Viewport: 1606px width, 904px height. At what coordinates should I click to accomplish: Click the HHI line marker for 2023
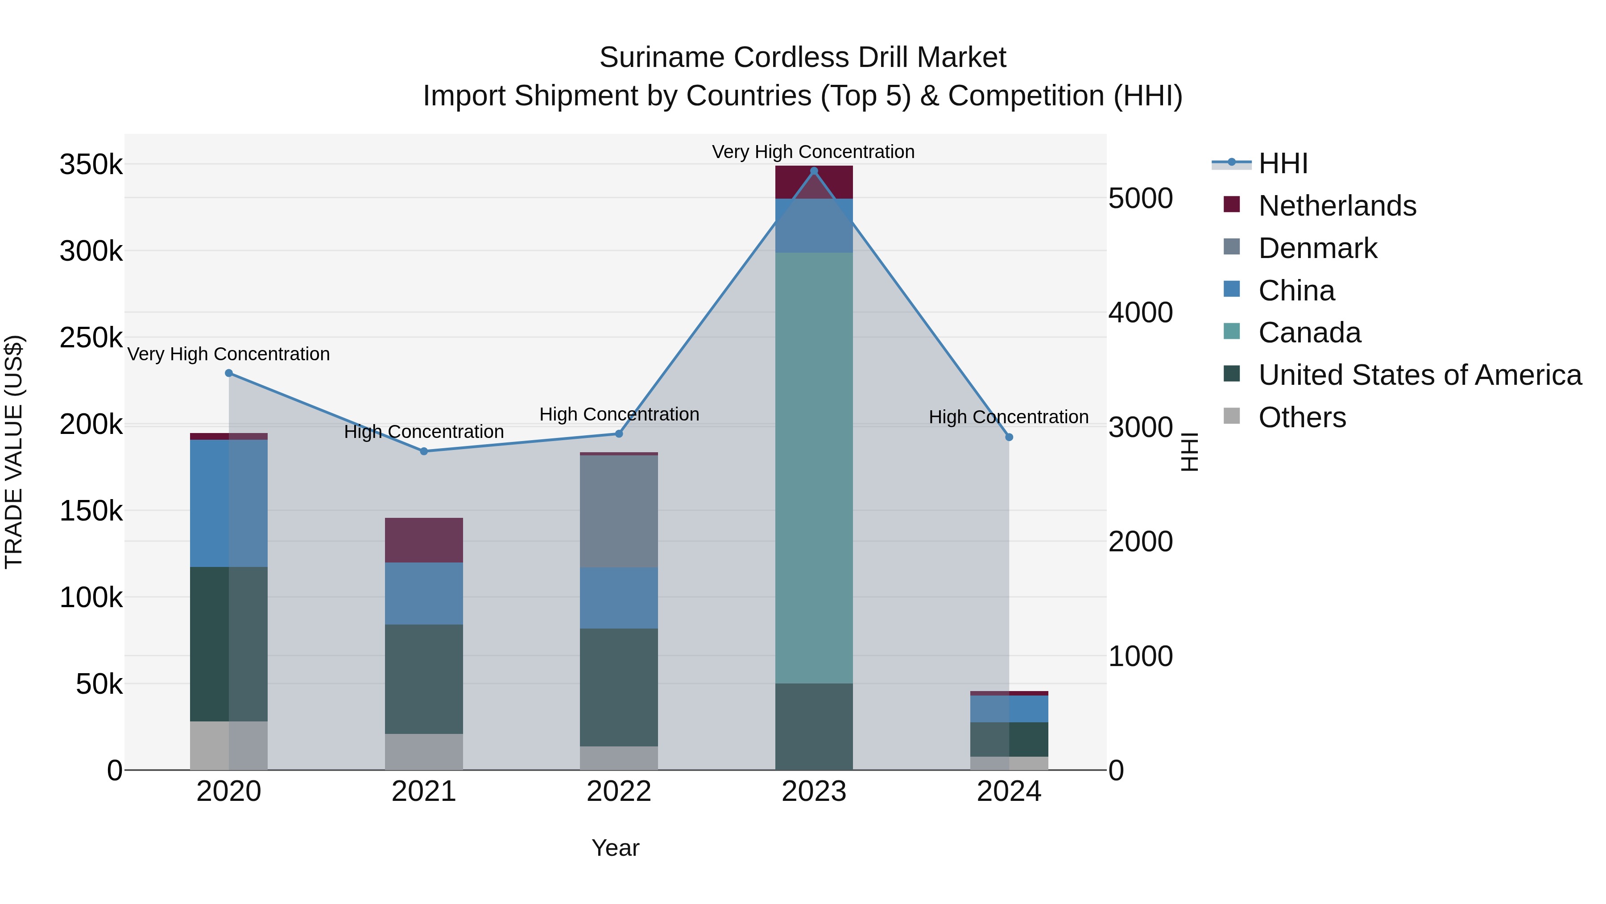click(814, 171)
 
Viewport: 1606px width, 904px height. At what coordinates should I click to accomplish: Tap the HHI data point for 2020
click(229, 373)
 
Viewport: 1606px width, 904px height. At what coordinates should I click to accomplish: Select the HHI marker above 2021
click(424, 451)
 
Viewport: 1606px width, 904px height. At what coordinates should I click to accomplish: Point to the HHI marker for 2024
click(1010, 437)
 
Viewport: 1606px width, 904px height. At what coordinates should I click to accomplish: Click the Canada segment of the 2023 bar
click(814, 468)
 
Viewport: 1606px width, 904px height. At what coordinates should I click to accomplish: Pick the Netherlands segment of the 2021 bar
click(424, 540)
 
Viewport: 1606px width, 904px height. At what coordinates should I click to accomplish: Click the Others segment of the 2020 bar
click(229, 746)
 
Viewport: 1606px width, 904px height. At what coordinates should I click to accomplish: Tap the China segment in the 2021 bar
click(424, 593)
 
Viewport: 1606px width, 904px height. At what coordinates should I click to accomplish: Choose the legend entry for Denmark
click(1317, 248)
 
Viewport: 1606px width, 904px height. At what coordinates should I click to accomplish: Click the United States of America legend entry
click(1420, 375)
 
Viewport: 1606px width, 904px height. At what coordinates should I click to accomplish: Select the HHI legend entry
click(1283, 163)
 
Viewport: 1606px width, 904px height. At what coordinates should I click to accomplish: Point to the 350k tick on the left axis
click(91, 165)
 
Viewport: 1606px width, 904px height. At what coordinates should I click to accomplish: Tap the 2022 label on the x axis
click(618, 792)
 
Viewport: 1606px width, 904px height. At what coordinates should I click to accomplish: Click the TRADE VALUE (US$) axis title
click(14, 452)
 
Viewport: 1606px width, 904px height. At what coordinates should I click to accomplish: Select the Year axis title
click(615, 848)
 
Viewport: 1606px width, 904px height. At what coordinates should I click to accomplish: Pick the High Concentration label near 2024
click(1008, 417)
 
